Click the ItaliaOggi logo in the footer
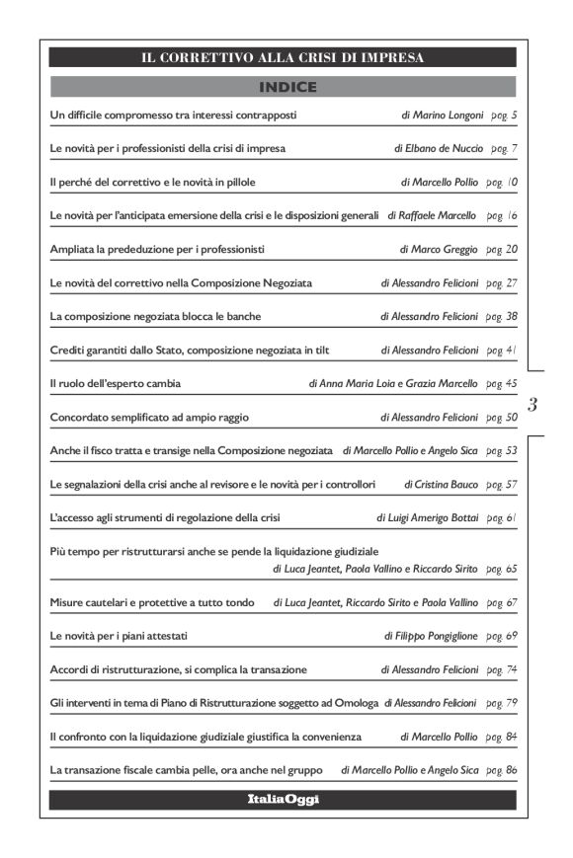pos(283,799)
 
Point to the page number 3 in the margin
pos(533,403)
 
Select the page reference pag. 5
pos(503,116)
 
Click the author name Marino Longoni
pos(449,116)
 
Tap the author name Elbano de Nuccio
pos(444,148)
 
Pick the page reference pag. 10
pos(502,182)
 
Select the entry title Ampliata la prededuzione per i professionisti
pos(156,249)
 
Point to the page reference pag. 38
pos(502,317)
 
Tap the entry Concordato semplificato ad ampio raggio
pos(147,418)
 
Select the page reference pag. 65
pos(502,570)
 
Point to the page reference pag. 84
pos(502,737)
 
